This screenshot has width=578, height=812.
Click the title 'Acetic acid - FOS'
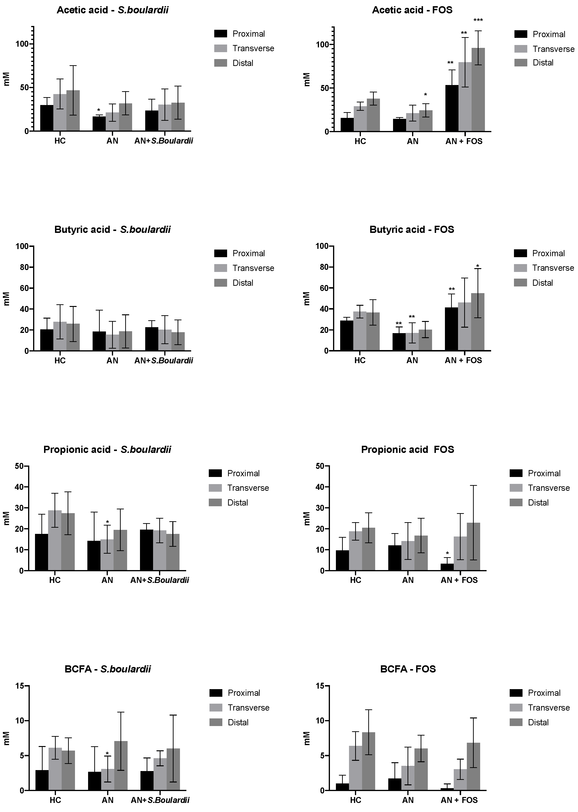tap(412, 10)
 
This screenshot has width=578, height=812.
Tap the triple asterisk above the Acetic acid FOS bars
tap(478, 20)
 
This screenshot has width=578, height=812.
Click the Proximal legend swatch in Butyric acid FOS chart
tap(520, 253)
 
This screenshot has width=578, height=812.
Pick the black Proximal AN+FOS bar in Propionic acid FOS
tap(447, 567)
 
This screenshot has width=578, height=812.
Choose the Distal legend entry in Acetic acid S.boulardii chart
tap(243, 63)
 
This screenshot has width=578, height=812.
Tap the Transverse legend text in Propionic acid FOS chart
tap(548, 488)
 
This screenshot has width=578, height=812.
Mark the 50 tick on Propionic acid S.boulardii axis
tap(19, 466)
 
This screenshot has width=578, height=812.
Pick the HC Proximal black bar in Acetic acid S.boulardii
tap(47, 118)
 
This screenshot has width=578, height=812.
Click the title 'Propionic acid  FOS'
tap(408, 450)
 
